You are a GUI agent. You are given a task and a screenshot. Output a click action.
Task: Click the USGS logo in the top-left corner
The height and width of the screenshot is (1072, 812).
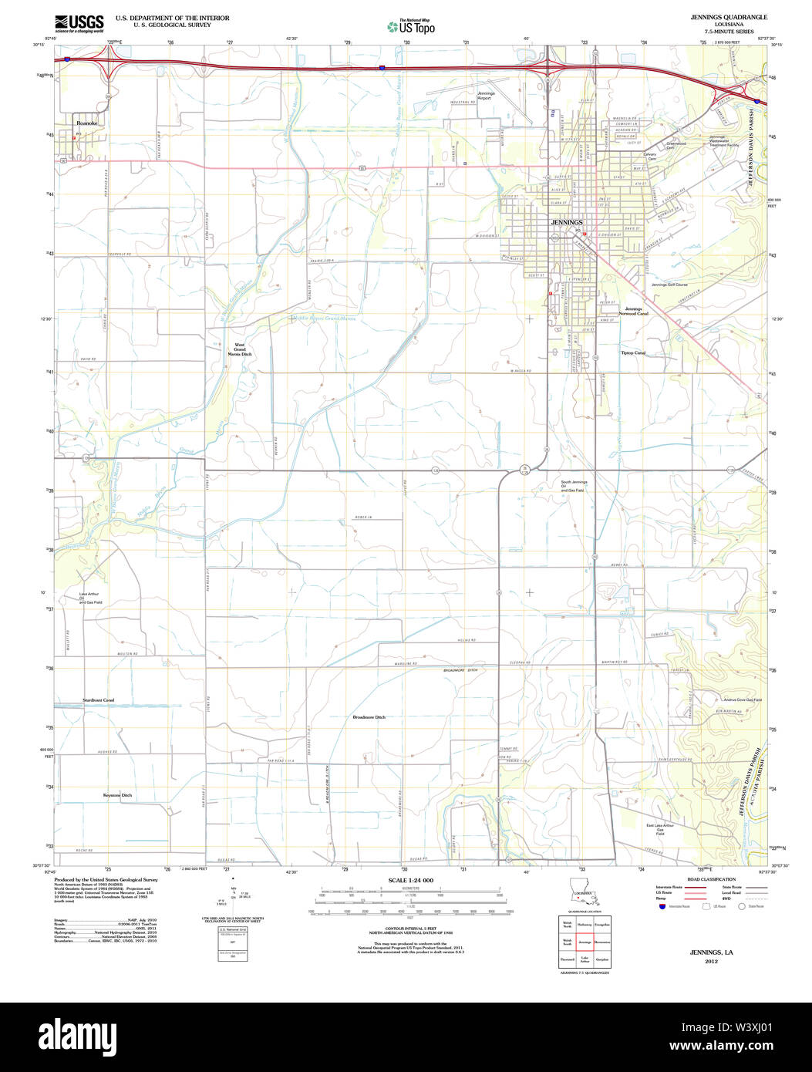point(79,24)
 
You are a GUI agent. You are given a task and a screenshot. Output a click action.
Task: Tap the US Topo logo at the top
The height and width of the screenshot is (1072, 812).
point(411,27)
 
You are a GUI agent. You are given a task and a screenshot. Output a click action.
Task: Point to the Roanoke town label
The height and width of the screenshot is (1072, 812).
point(86,123)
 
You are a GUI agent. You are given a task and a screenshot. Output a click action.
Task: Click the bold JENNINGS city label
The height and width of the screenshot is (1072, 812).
point(566,222)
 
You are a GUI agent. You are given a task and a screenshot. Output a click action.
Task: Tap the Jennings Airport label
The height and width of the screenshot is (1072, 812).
point(485,96)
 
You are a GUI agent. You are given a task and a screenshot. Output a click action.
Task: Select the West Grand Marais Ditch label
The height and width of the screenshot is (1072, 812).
point(240,349)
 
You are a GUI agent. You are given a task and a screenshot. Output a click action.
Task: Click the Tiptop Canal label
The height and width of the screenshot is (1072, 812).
point(633,353)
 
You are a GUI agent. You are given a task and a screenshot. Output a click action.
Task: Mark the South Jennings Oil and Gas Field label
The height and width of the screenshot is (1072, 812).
point(574,486)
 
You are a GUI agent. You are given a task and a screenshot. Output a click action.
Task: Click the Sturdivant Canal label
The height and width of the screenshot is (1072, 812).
point(99,700)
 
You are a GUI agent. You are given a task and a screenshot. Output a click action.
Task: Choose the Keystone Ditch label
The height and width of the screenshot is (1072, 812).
point(117,795)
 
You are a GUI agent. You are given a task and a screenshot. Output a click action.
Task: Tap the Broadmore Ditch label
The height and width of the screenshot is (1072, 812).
point(369,717)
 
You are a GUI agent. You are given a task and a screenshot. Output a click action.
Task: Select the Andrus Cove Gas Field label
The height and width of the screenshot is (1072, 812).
point(738,700)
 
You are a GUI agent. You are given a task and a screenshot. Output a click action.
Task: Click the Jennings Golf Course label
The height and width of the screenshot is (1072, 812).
point(669,285)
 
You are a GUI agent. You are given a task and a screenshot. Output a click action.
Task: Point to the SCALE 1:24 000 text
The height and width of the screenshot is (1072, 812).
point(410,880)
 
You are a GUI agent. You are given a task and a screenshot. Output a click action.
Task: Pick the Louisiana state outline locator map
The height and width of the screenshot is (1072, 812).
point(583,892)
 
